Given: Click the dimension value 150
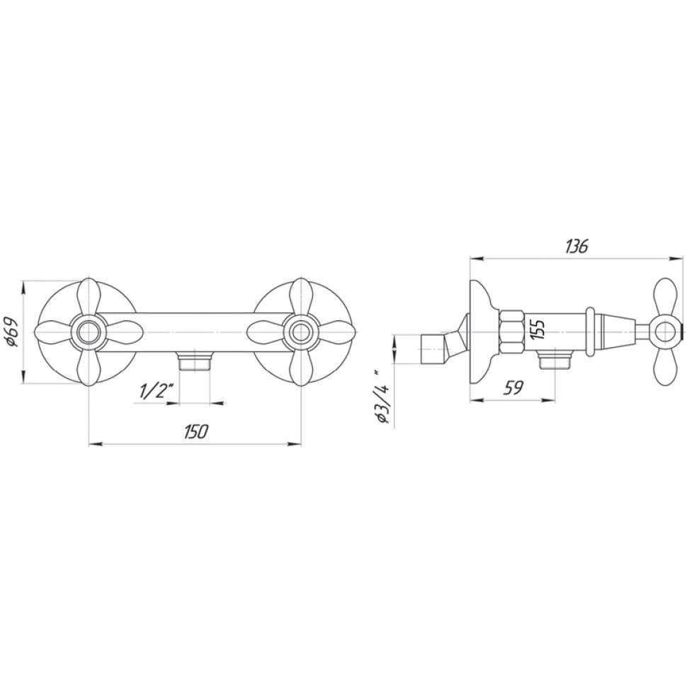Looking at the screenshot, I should point(195,431).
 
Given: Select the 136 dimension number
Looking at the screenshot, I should point(577,246).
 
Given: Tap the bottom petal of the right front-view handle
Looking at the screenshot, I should point(300,369).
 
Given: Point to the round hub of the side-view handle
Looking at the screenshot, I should point(665,331).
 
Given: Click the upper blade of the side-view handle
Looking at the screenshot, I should point(665,297).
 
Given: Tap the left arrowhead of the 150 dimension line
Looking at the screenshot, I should point(93,445).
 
